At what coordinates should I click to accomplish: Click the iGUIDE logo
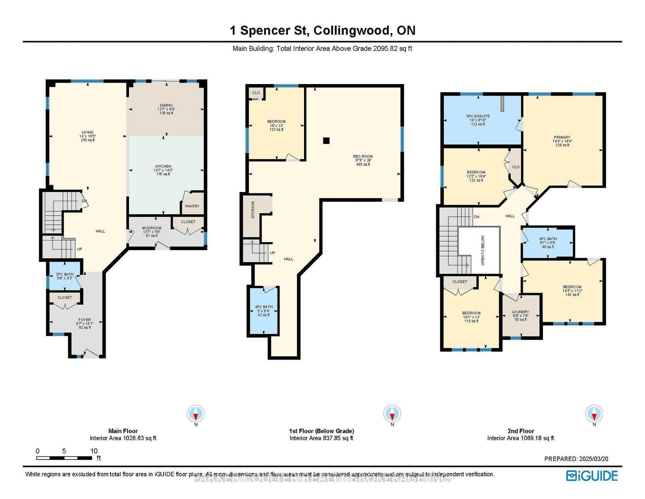592,476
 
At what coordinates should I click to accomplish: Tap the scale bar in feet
64,458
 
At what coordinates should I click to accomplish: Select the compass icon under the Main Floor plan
196,414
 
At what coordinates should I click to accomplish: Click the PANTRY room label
192,206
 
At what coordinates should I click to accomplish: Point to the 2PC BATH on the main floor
64,276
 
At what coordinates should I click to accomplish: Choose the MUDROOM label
151,228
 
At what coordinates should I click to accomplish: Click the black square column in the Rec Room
326,141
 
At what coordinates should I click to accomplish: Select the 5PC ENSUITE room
478,120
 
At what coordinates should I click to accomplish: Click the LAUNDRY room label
521,312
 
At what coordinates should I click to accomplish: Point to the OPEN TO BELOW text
483,250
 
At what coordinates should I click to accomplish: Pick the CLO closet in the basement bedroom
256,93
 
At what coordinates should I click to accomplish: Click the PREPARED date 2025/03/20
576,459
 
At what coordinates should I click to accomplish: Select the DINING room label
166,105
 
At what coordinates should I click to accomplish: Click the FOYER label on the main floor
85,320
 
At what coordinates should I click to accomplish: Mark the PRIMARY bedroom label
562,137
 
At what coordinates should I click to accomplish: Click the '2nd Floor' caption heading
521,431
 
